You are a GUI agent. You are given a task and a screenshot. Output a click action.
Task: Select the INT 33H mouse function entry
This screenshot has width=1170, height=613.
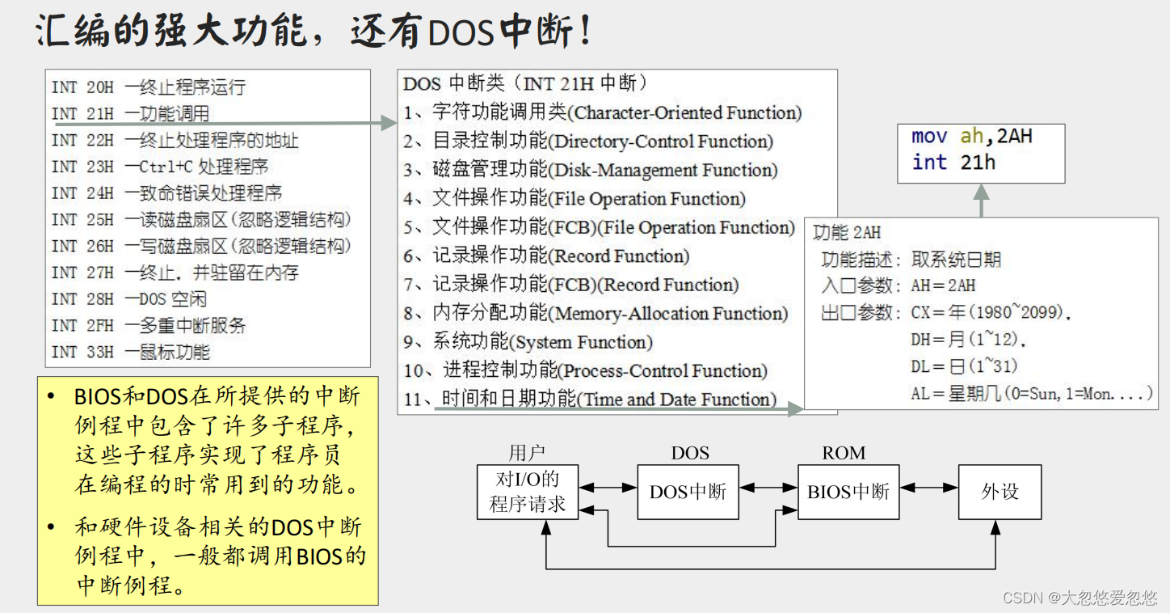pyautogui.click(x=130, y=352)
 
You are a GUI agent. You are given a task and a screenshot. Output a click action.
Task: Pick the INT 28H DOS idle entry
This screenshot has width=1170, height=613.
pyautogui.click(x=128, y=299)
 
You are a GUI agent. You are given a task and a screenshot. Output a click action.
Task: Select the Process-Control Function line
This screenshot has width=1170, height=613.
pyautogui.click(x=586, y=371)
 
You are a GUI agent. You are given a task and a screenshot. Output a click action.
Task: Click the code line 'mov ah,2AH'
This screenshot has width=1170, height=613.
pyautogui.click(x=971, y=136)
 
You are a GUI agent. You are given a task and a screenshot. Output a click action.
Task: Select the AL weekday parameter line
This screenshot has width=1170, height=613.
pyautogui.click(x=1031, y=394)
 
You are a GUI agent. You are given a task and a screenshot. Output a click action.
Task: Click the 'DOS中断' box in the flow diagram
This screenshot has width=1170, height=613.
pyautogui.click(x=688, y=492)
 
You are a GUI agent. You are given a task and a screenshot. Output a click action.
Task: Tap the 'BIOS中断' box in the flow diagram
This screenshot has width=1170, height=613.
pyautogui.click(x=848, y=492)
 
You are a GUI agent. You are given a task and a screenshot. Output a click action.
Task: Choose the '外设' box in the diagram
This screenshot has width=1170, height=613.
pyautogui.click(x=1000, y=492)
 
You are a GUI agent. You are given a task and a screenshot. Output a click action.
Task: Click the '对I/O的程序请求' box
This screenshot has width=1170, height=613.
pyautogui.click(x=528, y=492)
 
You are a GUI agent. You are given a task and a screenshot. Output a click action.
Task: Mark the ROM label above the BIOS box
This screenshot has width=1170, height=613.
pyautogui.click(x=844, y=453)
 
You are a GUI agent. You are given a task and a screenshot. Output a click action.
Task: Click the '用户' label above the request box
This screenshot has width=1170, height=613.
pyautogui.click(x=527, y=453)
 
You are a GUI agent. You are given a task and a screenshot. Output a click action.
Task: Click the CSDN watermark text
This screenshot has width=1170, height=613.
pyautogui.click(x=1080, y=598)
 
